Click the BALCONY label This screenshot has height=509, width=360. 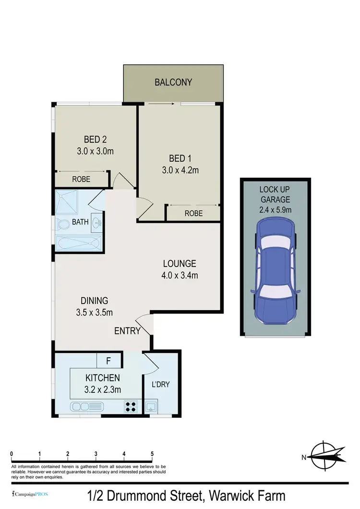tap(173, 82)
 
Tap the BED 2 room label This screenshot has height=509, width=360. tap(95, 140)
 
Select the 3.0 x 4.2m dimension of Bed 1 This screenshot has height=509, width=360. tap(180, 170)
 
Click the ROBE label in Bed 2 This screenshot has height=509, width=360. tap(82, 180)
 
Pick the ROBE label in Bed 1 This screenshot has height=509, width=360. tap(193, 213)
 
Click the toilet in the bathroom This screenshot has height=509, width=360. tap(62, 224)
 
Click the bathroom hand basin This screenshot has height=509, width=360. tap(96, 223)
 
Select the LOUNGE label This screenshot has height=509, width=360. tap(180, 264)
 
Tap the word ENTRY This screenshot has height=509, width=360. tap(127, 331)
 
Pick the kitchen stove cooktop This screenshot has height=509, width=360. tap(131, 407)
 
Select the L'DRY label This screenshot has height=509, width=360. tap(161, 384)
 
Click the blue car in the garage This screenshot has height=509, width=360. tap(276, 273)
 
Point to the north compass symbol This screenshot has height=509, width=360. tap(326, 456)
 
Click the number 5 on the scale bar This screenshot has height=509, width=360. tap(152, 453)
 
